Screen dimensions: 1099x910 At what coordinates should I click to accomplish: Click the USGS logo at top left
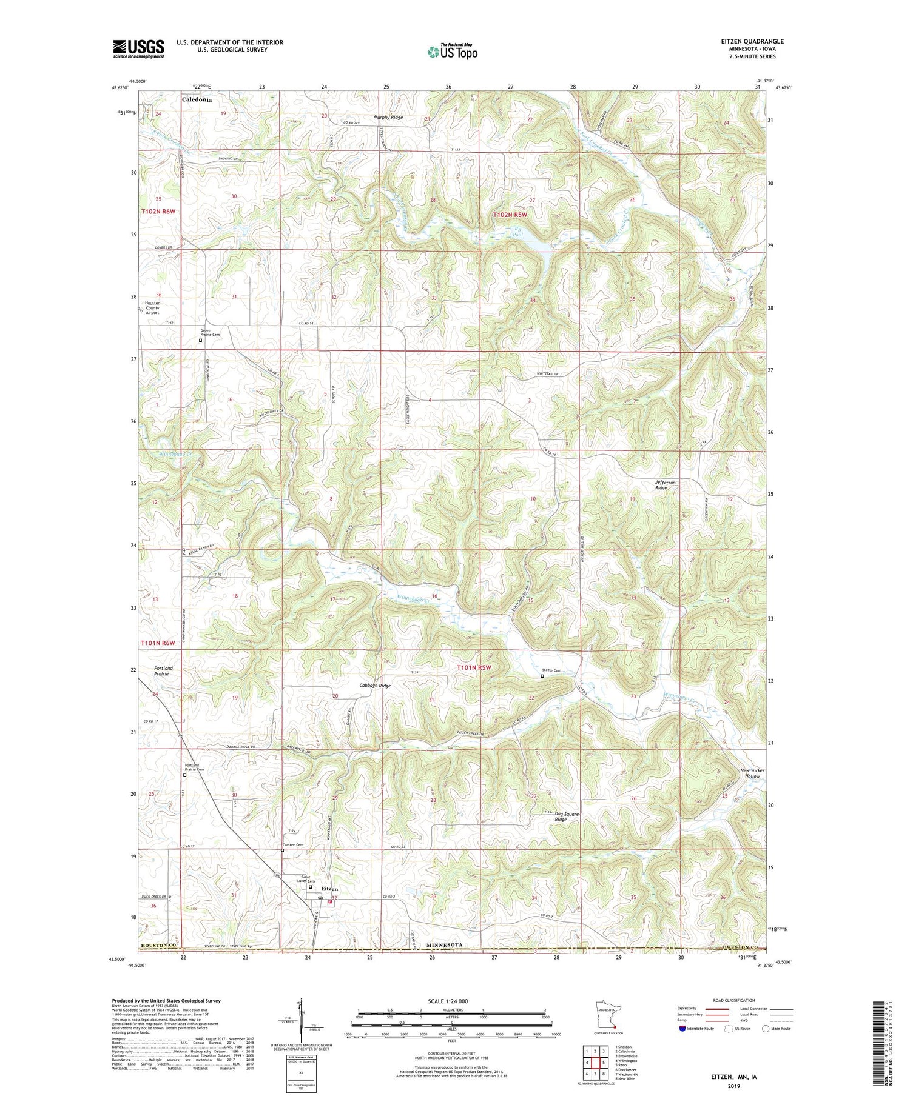pyautogui.click(x=138, y=48)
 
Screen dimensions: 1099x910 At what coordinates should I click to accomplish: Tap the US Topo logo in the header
pyautogui.click(x=452, y=52)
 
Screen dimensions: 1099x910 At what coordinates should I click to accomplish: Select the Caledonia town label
pyautogui.click(x=197, y=99)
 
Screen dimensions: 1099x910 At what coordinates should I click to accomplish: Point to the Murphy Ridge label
pyautogui.click(x=388, y=117)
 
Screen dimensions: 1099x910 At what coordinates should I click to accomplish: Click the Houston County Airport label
pyautogui.click(x=152, y=308)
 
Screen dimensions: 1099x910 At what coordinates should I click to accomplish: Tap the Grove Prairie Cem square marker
pyautogui.click(x=201, y=340)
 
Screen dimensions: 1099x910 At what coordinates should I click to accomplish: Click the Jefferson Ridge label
pyautogui.click(x=665, y=485)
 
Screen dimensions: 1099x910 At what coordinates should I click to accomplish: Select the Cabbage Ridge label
pyautogui.click(x=374, y=686)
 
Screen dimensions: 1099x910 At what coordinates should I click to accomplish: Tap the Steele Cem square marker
pyautogui.click(x=542, y=676)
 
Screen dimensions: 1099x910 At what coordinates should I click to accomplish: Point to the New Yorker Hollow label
pyautogui.click(x=752, y=773)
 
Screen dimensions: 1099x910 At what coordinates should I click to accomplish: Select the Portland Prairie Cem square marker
pyautogui.click(x=185, y=775)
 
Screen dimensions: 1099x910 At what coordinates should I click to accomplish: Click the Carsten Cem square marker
pyautogui.click(x=282, y=850)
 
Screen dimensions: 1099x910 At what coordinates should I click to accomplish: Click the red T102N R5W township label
pyautogui.click(x=510, y=215)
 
